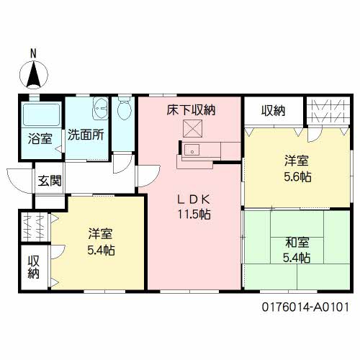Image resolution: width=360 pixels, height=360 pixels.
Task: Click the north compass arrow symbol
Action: point(33,74)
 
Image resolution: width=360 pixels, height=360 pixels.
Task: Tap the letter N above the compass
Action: point(33,53)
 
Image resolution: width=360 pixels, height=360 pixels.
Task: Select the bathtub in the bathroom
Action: point(40,114)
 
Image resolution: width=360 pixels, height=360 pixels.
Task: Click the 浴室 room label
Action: point(40,138)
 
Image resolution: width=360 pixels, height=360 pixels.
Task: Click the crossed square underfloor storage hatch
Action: point(192,129)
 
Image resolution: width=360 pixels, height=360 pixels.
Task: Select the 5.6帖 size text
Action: point(296,176)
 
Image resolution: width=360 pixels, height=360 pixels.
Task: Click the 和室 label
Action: point(296,242)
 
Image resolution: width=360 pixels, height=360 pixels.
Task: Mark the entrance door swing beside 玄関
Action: point(19,178)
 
